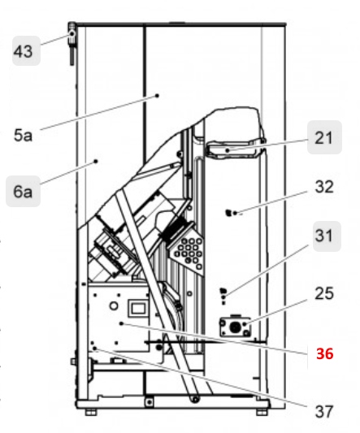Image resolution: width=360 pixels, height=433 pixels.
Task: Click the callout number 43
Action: (x=23, y=51)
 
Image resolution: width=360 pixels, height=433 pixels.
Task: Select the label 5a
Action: (x=23, y=136)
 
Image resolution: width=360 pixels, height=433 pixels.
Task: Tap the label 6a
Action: (x=23, y=193)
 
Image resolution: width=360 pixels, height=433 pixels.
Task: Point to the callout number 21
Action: (x=323, y=138)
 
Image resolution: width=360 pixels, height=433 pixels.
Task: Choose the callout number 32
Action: (x=323, y=187)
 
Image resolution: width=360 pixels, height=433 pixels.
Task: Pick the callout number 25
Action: (x=323, y=295)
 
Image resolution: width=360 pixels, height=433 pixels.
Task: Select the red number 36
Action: (x=324, y=353)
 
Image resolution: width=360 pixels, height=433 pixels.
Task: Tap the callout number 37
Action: (x=323, y=411)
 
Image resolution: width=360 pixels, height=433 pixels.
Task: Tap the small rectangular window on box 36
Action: (x=136, y=308)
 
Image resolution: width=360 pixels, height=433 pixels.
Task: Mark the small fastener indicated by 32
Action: (x=230, y=214)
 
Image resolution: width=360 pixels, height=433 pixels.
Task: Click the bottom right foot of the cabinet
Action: (x=262, y=412)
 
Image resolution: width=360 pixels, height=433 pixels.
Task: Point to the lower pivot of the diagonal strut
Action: (x=196, y=399)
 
